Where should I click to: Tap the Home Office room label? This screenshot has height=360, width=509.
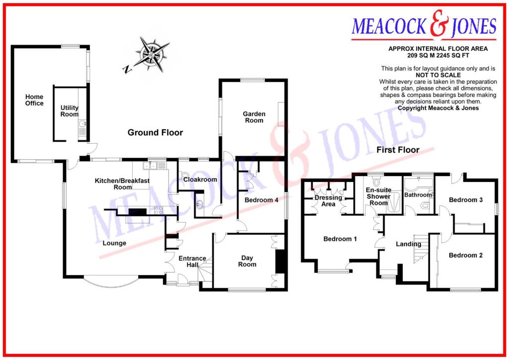(x=34, y=100)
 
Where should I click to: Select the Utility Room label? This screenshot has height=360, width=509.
(x=70, y=111)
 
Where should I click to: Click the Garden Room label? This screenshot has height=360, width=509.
(x=254, y=117)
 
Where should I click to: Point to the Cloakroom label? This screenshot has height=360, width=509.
(x=198, y=180)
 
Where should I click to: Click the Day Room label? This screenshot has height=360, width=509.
(x=247, y=261)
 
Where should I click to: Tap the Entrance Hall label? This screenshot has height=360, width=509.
(x=192, y=262)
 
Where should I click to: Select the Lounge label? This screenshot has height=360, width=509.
(x=114, y=243)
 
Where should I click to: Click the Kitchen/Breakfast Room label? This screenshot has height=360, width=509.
(x=122, y=184)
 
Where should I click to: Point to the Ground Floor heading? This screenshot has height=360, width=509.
(x=155, y=132)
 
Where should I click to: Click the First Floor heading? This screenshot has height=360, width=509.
(x=398, y=150)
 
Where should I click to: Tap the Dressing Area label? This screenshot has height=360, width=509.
(x=329, y=201)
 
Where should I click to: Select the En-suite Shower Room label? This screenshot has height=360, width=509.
(x=379, y=196)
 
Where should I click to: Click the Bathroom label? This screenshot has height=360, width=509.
(x=418, y=195)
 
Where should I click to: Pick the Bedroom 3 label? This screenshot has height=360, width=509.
(x=466, y=200)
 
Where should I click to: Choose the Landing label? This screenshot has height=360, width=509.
(x=408, y=244)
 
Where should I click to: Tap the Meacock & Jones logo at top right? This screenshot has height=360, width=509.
(x=424, y=26)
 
